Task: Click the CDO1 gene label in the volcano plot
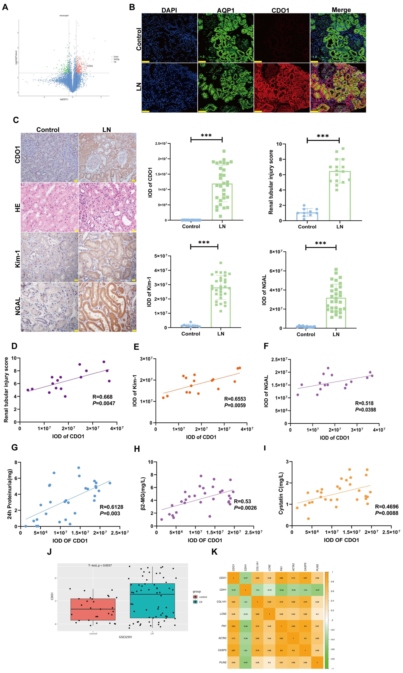[x=90, y=66]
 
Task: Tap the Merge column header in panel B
[x=341, y=10]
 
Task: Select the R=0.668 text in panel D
[x=102, y=397]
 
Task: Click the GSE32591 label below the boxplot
[x=125, y=637]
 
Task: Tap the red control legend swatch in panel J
[x=195, y=597]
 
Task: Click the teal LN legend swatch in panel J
[x=195, y=602]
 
